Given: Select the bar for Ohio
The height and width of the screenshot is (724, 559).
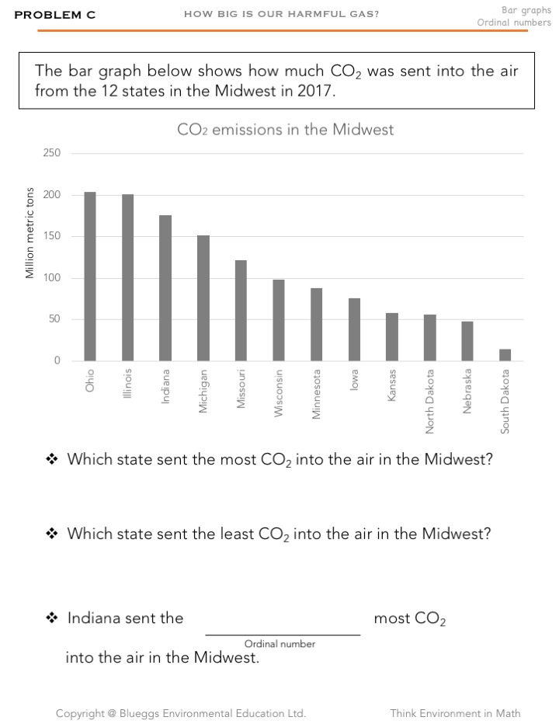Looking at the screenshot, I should click(90, 277).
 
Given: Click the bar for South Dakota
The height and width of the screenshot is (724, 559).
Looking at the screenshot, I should click(505, 355).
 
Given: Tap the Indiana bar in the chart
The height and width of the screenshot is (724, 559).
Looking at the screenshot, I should click(165, 287).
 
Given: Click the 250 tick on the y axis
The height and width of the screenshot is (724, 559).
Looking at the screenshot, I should click(52, 153).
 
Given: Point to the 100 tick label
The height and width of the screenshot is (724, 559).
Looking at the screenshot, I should click(52, 278).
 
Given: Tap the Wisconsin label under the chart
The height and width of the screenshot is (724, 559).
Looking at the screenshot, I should click(278, 392).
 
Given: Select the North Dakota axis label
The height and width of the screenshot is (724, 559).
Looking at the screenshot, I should click(429, 401).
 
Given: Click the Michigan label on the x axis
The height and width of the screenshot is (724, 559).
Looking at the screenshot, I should click(203, 391).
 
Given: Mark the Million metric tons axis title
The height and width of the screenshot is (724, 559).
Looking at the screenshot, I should click(30, 233).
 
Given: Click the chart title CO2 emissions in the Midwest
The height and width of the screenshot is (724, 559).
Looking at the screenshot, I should click(285, 130).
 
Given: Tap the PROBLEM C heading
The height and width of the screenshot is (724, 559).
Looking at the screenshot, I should click(54, 15).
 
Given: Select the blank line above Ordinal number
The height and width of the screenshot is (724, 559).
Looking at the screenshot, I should click(283, 634).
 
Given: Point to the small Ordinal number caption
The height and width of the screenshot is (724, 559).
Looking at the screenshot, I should click(279, 644).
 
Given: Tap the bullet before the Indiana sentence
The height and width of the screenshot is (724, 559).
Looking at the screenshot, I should click(53, 618).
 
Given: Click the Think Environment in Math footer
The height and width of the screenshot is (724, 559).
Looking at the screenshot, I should click(455, 713).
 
